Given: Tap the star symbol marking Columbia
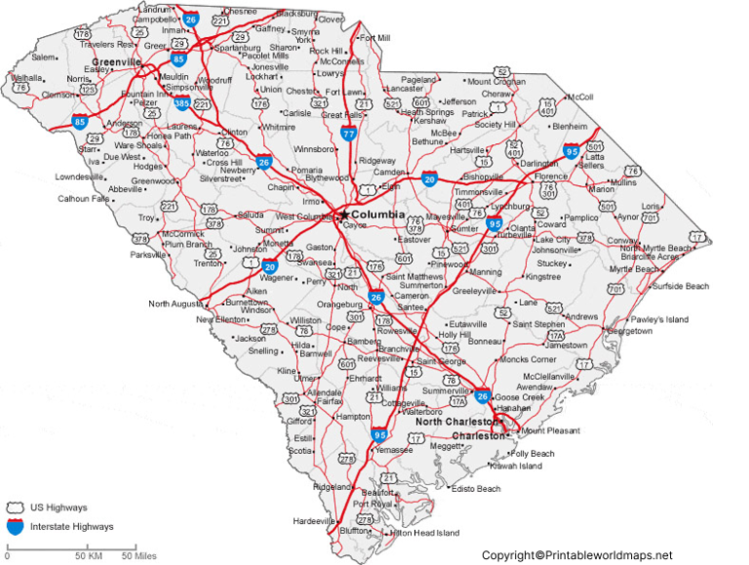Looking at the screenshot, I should point(344,214).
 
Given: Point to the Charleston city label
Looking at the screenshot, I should point(477,436).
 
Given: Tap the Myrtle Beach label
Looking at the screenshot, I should point(634,268).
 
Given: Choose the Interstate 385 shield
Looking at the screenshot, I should point(182,102).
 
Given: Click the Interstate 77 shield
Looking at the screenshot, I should point(349,135).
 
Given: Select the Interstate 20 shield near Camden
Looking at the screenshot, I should point(429,179).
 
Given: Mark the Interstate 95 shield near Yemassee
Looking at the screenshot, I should point(379,435).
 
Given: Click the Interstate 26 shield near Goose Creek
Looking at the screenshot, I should point(483,395).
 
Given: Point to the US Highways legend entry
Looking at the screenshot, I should point(58,507).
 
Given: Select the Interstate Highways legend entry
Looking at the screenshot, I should point(70,527).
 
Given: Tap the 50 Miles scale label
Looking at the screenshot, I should point(138,557).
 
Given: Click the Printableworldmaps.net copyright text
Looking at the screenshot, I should point(576,555).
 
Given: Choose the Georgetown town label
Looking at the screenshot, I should point(628,331).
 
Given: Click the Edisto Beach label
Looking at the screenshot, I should point(476,489).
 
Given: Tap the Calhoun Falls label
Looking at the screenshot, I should point(84,198).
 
